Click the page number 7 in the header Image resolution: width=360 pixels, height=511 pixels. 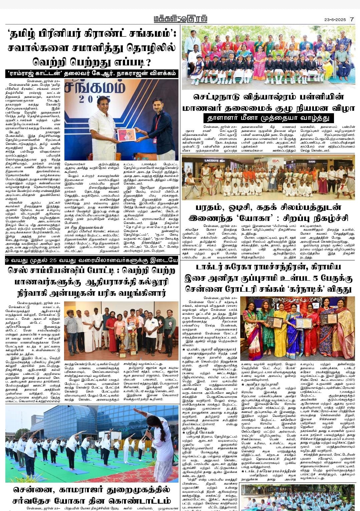351,19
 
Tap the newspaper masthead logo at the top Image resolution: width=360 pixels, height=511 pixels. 180,19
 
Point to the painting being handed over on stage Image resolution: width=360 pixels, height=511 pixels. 126,134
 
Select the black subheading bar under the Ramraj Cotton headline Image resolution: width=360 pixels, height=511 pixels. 92,73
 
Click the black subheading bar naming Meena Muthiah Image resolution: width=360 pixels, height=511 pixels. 268,118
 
